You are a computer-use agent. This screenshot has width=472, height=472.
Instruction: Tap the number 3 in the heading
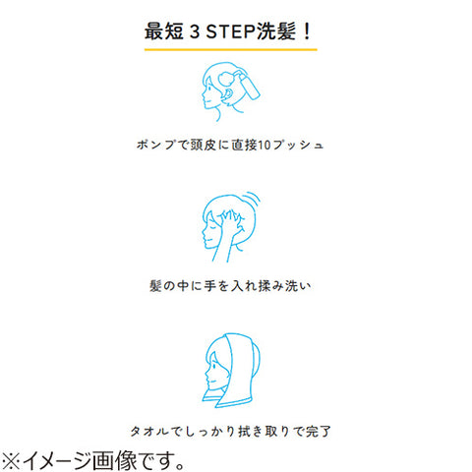[x=195, y=31]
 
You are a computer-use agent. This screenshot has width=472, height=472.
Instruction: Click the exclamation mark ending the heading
[x=307, y=31]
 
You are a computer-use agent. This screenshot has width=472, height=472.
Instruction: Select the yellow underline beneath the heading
[x=231, y=50]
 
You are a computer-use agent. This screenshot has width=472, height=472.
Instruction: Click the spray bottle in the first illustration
[x=250, y=86]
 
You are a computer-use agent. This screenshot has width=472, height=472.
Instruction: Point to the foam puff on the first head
[x=226, y=78]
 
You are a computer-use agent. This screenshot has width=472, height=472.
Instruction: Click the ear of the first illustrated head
[x=228, y=94]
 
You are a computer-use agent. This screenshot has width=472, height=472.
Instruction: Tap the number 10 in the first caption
[x=265, y=145]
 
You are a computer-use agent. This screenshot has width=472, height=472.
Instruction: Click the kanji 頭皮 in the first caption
[x=204, y=145]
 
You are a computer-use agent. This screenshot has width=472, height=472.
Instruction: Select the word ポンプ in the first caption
[x=155, y=145]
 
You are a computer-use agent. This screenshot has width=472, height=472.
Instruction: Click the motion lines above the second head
[x=253, y=199]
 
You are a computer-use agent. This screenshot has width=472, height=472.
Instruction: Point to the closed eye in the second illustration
[x=213, y=226]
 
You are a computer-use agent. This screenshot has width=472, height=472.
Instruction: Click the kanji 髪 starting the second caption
[x=155, y=286]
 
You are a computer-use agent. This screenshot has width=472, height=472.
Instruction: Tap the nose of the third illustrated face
[x=207, y=373]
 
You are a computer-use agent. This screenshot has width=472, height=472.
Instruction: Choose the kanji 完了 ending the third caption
[x=318, y=431]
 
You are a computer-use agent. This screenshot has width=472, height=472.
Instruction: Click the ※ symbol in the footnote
[x=10, y=460]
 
